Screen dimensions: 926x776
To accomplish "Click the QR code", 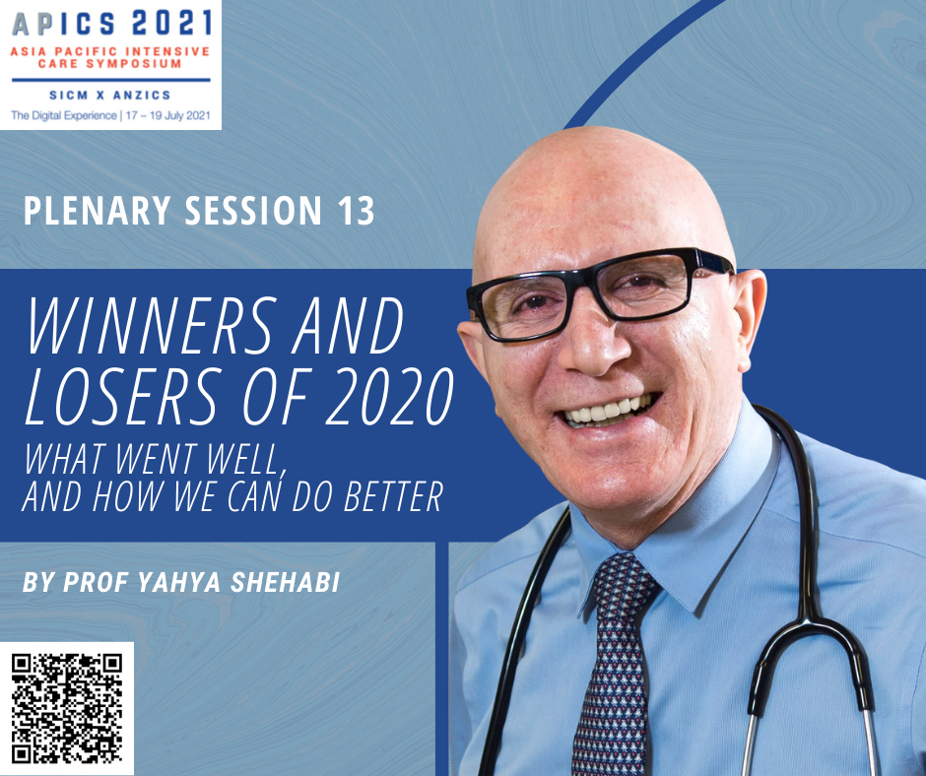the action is click(67, 708).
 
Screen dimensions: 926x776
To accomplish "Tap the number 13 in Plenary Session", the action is click(356, 211).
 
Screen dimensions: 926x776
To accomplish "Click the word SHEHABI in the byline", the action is click(286, 582).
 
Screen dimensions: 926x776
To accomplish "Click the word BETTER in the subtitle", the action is click(393, 497).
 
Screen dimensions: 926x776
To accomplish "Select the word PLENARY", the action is click(98, 211).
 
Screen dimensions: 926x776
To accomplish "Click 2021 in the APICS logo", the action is click(171, 23).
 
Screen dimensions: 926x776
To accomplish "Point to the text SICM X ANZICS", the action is click(110, 96).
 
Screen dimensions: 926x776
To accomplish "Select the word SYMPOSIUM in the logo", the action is click(142, 64).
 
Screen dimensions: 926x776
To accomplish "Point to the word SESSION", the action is click(254, 211).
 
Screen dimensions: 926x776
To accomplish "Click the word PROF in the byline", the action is click(97, 582).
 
